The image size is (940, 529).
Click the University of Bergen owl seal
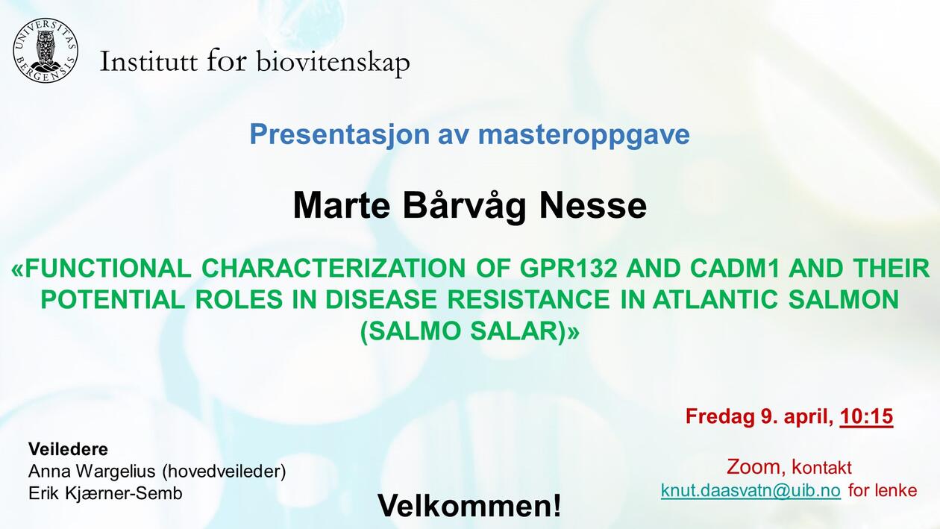click(x=46, y=51)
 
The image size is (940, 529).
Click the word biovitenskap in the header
click(x=333, y=63)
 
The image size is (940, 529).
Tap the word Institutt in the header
click(x=148, y=61)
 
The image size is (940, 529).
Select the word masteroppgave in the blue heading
click(x=583, y=135)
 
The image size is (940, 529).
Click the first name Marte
click(x=342, y=206)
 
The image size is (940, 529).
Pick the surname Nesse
click(x=592, y=206)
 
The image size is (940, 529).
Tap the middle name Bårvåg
click(x=465, y=207)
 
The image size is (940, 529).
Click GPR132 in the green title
click(x=568, y=269)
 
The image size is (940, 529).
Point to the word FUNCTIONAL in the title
click(x=108, y=269)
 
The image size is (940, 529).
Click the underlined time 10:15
click(x=867, y=416)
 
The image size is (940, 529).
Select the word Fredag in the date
click(x=719, y=417)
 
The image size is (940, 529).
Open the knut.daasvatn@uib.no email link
click(x=751, y=490)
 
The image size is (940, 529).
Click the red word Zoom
click(x=753, y=467)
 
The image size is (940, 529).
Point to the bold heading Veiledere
click(x=68, y=449)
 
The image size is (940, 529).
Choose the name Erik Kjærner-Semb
click(x=105, y=494)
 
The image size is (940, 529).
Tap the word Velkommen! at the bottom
click(x=469, y=505)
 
